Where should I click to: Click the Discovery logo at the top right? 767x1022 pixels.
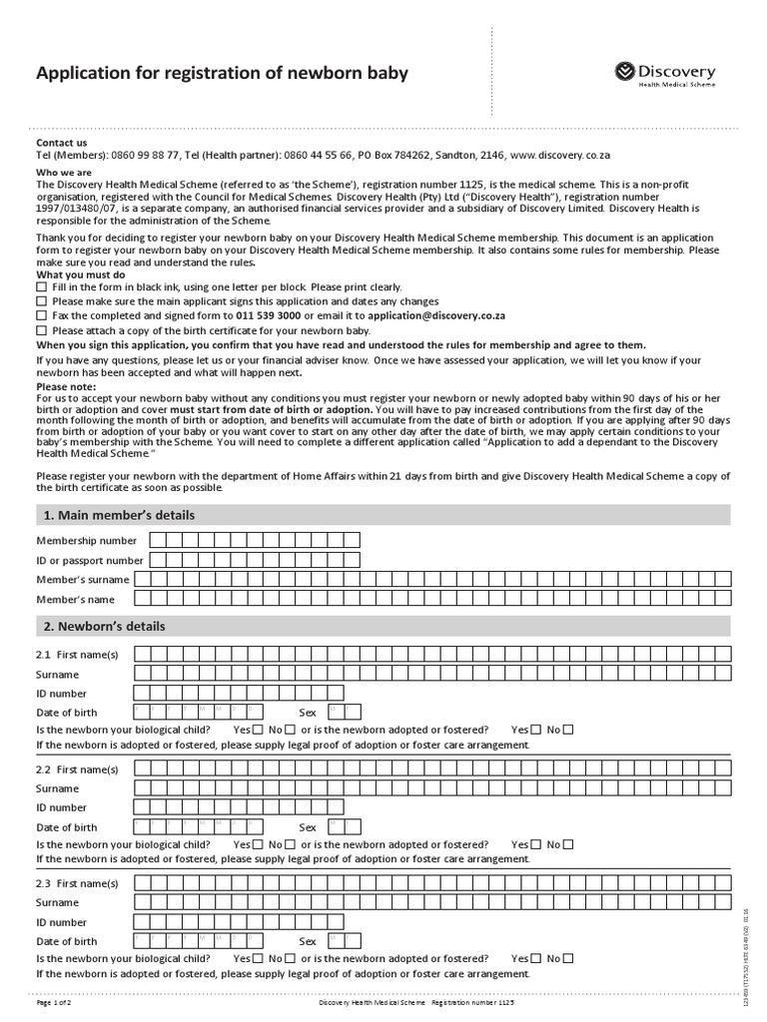pyautogui.click(x=664, y=74)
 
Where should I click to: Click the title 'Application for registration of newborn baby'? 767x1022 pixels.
pyautogui.click(x=222, y=73)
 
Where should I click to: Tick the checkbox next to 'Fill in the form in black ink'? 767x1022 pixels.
pyautogui.click(x=41, y=286)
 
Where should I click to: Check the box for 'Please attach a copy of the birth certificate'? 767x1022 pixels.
pyautogui.click(x=41, y=330)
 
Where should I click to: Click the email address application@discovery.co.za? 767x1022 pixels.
pyautogui.click(x=436, y=315)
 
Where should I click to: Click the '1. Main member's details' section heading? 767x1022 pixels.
pyautogui.click(x=118, y=515)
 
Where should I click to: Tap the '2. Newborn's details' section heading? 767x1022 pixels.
pyautogui.click(x=104, y=627)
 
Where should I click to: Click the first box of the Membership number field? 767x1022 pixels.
pyautogui.click(x=158, y=540)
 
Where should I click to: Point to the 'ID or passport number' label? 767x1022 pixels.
pyautogui.click(x=90, y=560)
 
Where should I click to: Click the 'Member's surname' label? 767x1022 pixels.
pyautogui.click(x=83, y=580)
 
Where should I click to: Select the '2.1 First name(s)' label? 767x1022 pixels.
pyautogui.click(x=77, y=654)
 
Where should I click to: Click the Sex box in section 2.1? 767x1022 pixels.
pyautogui.click(x=337, y=712)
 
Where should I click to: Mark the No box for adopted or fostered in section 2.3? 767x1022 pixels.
pyautogui.click(x=568, y=958)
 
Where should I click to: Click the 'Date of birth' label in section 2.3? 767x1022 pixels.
pyautogui.click(x=67, y=941)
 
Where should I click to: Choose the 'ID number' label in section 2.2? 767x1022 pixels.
pyautogui.click(x=62, y=807)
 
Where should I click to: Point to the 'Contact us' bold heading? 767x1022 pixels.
pyautogui.click(x=62, y=143)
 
